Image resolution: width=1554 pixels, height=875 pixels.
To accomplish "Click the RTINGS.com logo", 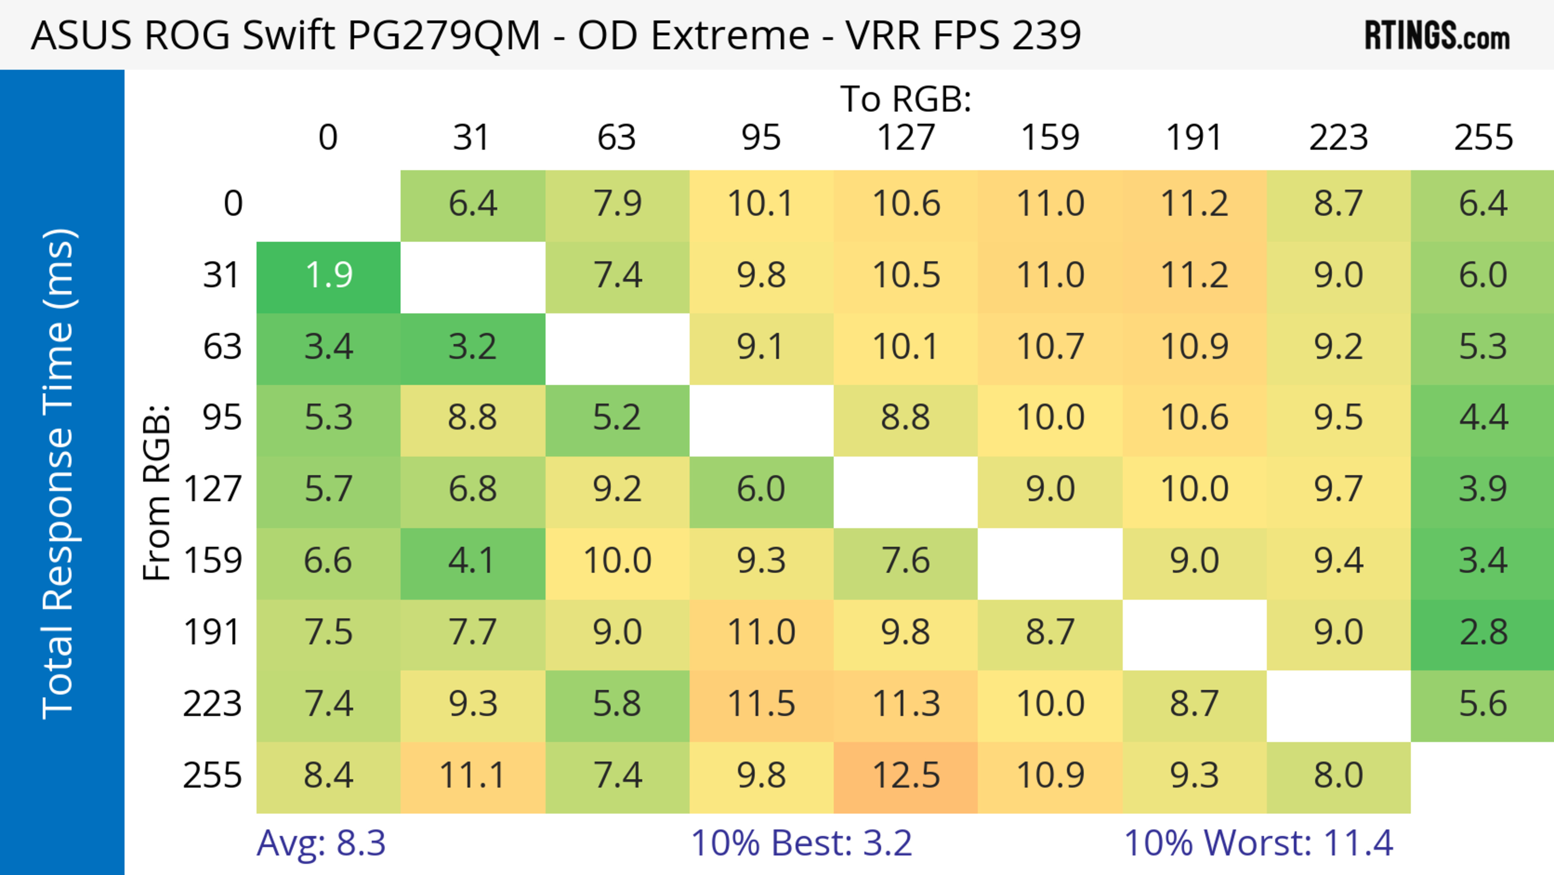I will tap(1437, 36).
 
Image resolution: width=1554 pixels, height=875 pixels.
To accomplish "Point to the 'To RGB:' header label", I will tap(906, 99).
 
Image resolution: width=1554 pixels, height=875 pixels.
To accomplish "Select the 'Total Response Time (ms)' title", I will tap(59, 474).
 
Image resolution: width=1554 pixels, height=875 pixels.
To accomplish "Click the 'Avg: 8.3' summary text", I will tap(321, 843).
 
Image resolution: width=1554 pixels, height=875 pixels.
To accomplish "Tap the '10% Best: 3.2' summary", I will tap(801, 843).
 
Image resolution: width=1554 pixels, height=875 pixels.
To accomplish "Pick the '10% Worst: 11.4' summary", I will tap(1259, 843).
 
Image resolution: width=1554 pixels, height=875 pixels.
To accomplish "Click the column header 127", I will tap(906, 138).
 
